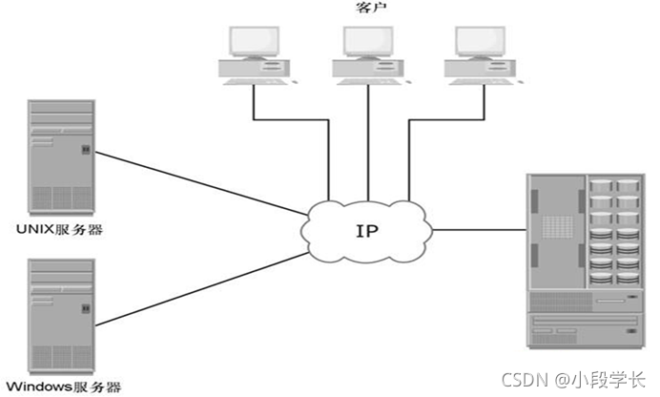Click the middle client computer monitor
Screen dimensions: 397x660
(x=368, y=40)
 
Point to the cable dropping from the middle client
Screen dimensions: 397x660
(x=368, y=143)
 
